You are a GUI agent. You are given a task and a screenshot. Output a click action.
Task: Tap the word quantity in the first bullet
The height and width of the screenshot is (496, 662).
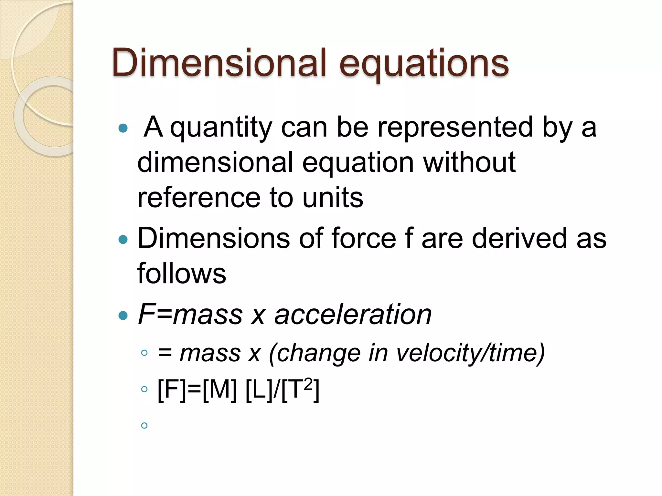(221, 128)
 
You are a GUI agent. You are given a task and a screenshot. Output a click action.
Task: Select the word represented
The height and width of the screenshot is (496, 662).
(455, 127)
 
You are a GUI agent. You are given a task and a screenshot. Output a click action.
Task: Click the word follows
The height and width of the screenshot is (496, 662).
(182, 274)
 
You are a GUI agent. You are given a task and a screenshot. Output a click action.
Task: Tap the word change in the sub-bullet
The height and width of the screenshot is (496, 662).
(318, 353)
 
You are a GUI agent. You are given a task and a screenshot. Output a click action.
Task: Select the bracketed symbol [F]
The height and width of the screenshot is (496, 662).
(172, 390)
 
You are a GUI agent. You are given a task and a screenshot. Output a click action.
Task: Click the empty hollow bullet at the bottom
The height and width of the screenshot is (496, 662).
(144, 426)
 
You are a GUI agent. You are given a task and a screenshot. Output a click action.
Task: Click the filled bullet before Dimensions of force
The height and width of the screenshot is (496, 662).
(123, 239)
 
